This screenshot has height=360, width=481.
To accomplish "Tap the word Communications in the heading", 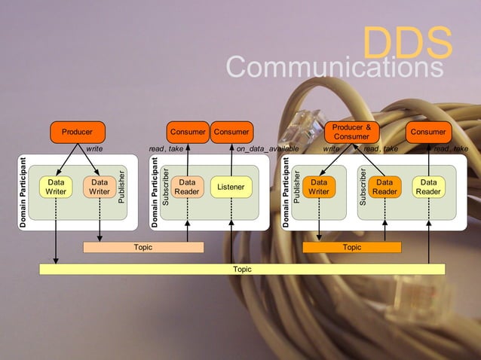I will [x=335, y=68].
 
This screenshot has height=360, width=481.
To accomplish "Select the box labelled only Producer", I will [x=77, y=133].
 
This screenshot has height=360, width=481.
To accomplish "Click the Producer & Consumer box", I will [x=351, y=132].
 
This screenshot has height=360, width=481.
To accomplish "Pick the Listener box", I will [x=231, y=187].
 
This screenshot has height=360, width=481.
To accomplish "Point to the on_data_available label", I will [x=268, y=149].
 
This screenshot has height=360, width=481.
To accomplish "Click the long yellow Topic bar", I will [x=242, y=269].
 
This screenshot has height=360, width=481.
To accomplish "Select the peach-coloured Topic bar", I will [x=142, y=247].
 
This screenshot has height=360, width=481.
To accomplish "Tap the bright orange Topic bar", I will [x=351, y=247].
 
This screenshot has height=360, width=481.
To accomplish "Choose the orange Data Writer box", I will [x=320, y=187].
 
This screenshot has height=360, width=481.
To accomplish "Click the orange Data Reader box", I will [x=384, y=187].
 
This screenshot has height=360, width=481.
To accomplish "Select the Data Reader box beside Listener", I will [x=187, y=187].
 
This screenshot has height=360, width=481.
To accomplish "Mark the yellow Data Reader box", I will [x=428, y=187].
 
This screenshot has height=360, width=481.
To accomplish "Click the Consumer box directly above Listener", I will [x=231, y=133].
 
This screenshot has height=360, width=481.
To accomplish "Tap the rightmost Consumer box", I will [x=428, y=133].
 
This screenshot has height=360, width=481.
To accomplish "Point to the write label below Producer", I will [x=94, y=149].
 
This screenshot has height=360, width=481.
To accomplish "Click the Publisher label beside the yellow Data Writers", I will [x=122, y=188].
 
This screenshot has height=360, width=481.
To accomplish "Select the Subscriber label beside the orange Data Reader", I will [x=363, y=188].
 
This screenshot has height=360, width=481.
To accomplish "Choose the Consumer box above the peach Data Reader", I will [x=188, y=133].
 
